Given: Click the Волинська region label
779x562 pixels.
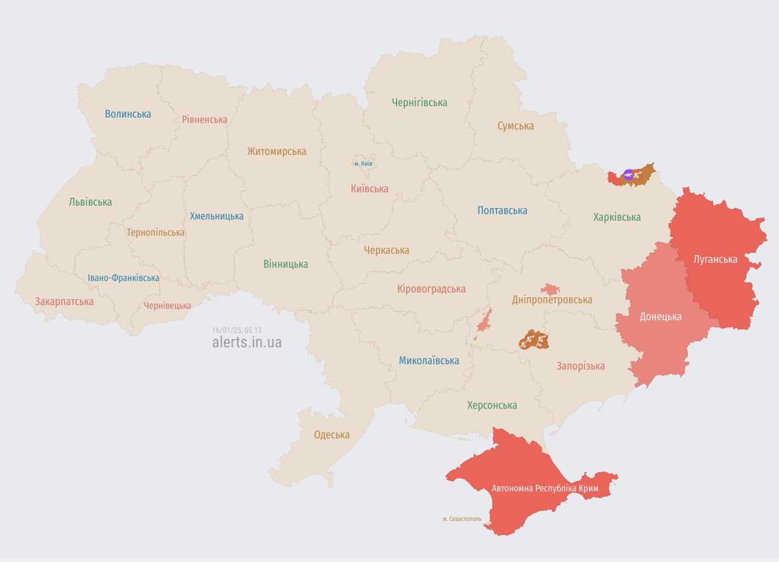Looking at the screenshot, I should pos(128,114).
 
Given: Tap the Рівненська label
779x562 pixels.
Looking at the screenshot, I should pos(205,119).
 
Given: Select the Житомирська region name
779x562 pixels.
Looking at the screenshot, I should pos(276,151).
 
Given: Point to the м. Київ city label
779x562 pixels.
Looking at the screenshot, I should pos(363,163).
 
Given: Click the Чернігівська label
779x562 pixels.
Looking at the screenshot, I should pos(419,103).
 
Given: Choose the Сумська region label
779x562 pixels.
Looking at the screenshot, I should pos(515,126).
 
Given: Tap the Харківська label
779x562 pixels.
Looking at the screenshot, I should pos(617,217).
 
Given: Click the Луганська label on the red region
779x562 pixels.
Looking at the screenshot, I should pos(715,259).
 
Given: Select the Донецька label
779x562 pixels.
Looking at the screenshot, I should pos(660,317).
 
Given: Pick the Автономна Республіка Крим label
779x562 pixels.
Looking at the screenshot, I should pos(545,488).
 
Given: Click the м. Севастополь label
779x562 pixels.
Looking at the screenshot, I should pos(462,519).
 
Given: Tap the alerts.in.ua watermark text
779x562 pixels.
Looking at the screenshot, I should pos(247,343).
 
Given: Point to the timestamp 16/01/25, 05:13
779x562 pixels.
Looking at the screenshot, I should pos(237,330).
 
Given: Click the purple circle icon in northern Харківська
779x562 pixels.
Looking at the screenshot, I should pos(628,175).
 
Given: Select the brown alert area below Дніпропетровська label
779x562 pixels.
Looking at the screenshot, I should pos(533,341).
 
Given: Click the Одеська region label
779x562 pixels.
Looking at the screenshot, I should pos(331,435).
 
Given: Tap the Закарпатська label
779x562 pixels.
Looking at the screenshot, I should pos(64,302).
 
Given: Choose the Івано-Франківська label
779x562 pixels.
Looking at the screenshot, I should pos(124,278).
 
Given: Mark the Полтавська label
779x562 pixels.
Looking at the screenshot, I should pos(502,210).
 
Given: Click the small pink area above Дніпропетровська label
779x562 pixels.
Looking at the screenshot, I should pos(550,289).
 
